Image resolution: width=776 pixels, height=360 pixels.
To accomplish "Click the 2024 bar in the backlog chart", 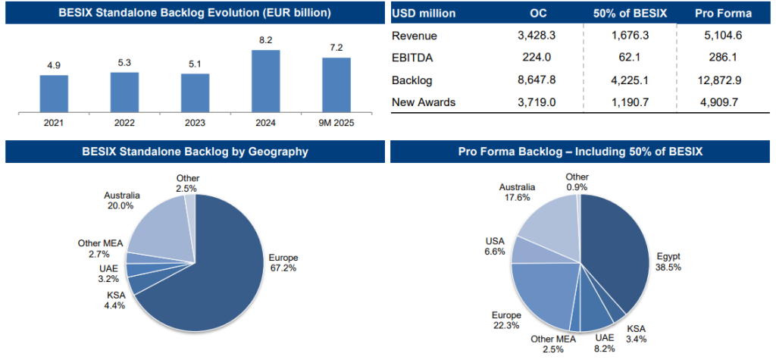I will (x=265, y=80).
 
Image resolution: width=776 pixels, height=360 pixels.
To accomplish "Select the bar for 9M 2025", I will (x=336, y=84).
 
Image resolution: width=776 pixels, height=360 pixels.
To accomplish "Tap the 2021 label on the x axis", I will (x=54, y=123).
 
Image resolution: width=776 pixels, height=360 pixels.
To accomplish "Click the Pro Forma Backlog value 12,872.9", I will (x=721, y=80).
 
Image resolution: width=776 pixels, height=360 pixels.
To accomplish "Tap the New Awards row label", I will (x=424, y=102).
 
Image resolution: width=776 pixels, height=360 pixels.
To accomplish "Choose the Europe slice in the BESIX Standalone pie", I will (x=212, y=273).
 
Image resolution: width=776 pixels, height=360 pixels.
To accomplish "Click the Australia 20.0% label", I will (x=121, y=200).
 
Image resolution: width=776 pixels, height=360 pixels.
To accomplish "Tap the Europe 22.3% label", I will (x=508, y=320).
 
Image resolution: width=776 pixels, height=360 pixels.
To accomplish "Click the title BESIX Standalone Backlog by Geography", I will (x=195, y=152).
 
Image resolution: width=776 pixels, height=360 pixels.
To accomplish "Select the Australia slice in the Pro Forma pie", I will (x=547, y=227).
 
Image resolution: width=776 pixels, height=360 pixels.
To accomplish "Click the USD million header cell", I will (x=424, y=14).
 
